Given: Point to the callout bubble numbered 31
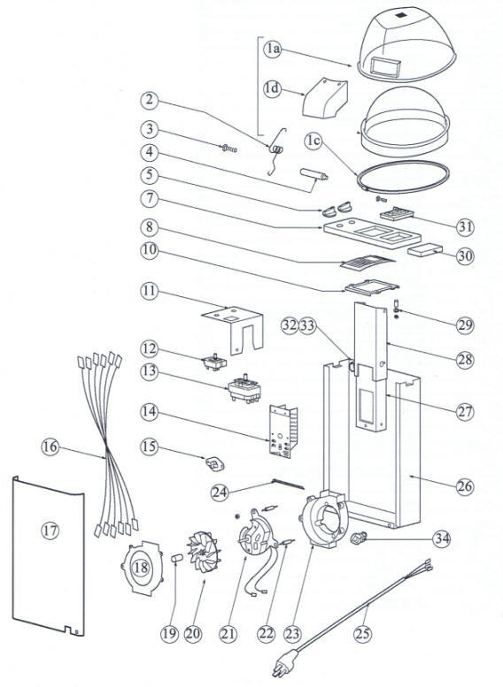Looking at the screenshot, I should pos(465,226).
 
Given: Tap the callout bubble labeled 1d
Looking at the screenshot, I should pos(274,88).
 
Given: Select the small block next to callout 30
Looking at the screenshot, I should pos(423,251).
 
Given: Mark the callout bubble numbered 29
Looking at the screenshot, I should pos(465,325).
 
